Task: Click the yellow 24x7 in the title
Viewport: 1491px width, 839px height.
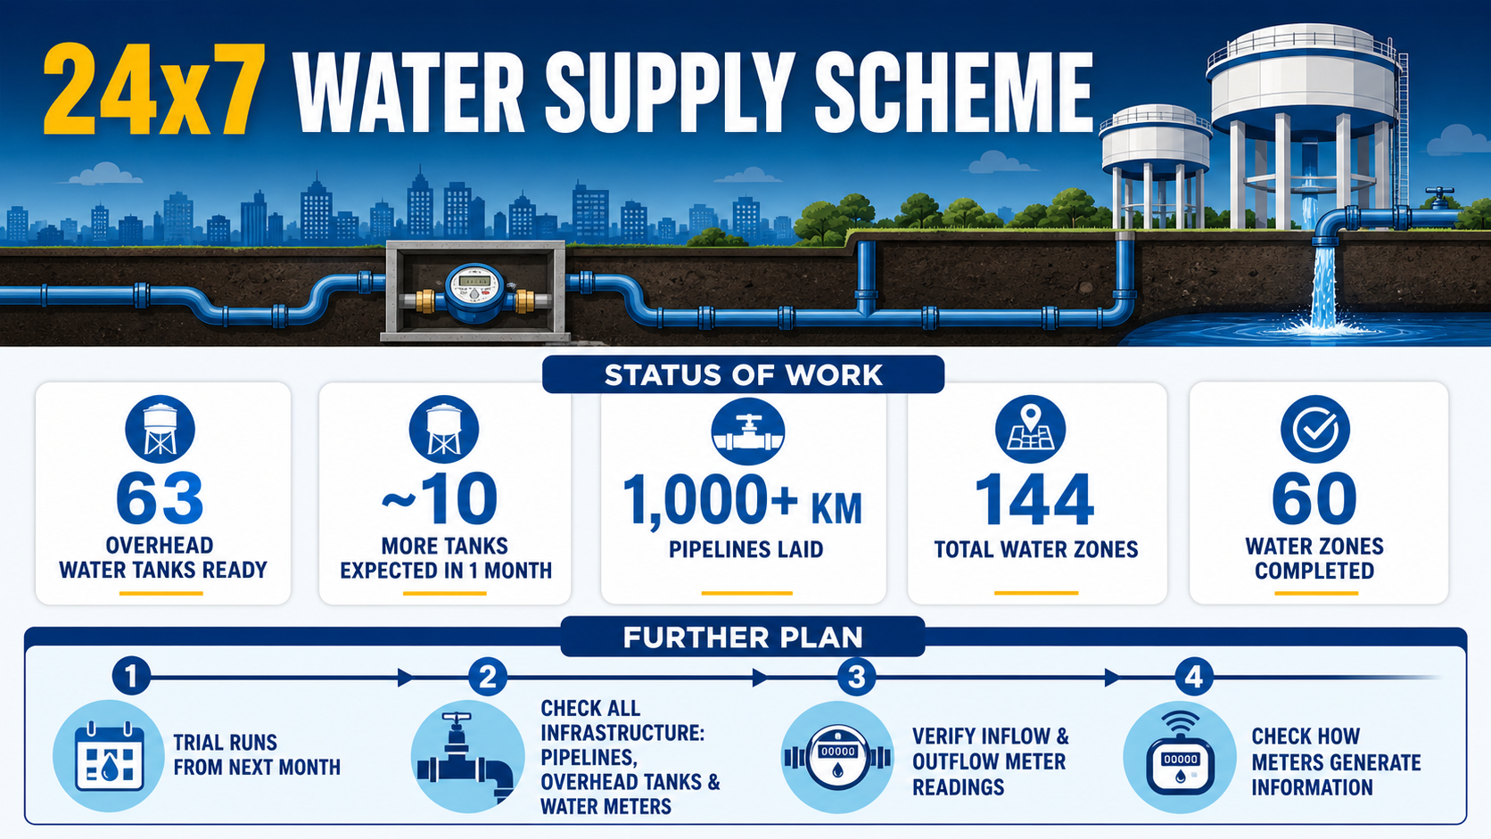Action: [x=154, y=90]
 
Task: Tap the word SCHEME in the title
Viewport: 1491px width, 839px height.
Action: [x=953, y=92]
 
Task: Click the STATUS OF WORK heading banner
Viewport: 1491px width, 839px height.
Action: [x=743, y=374]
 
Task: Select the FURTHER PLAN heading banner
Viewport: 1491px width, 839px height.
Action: [x=743, y=637]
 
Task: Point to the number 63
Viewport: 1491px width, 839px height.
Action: [x=160, y=498]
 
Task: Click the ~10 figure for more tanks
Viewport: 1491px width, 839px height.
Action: [x=440, y=498]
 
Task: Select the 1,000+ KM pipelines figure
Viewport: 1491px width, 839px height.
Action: [x=742, y=499]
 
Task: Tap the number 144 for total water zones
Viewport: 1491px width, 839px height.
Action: [x=1034, y=499]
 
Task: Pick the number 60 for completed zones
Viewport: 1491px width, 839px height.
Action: [x=1314, y=498]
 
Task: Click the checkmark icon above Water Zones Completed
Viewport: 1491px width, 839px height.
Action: [x=1315, y=429]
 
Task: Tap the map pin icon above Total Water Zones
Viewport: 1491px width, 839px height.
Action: [x=1030, y=429]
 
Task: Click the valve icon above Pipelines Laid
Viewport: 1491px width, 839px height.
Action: [x=747, y=432]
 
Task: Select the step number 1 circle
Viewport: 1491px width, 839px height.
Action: [x=131, y=677]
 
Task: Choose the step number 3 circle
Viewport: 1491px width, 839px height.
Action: [x=856, y=677]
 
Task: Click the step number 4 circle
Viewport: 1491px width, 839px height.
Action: [x=1193, y=677]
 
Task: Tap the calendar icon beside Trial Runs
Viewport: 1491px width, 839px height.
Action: [x=109, y=756]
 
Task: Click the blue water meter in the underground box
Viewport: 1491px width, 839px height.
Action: [x=474, y=293]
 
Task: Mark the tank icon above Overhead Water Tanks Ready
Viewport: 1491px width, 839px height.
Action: [x=160, y=429]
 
